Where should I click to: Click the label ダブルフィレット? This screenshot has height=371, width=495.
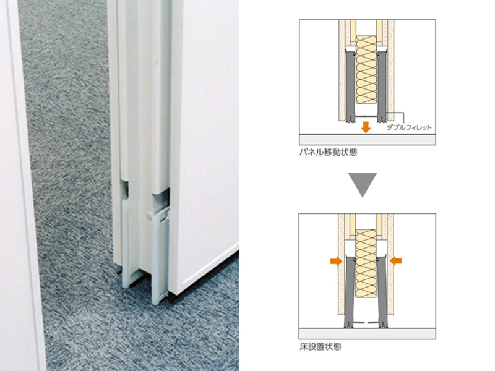409,127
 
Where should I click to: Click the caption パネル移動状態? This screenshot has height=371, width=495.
329,152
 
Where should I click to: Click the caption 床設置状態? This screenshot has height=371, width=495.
320,347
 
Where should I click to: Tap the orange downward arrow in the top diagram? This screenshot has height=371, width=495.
366,127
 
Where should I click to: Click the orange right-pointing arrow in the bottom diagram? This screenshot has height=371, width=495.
336,261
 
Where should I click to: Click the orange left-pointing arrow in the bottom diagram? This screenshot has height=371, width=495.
396,261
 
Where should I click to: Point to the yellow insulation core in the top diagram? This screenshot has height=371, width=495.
366,70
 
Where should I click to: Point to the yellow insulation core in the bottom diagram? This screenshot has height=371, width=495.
366,263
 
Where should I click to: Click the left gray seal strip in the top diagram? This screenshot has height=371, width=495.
350,87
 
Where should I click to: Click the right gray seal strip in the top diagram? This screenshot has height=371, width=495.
382,87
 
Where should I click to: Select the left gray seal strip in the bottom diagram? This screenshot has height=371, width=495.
349,292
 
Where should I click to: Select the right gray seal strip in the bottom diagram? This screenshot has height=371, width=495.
382,292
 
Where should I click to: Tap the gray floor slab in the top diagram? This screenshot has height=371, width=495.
368,140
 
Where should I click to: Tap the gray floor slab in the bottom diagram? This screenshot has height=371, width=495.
368,334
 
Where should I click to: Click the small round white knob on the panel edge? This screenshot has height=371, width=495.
149,215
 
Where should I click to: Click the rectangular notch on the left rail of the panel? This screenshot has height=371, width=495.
124,190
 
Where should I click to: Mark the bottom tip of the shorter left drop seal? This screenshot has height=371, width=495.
126,287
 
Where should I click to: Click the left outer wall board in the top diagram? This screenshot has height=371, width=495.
342,70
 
